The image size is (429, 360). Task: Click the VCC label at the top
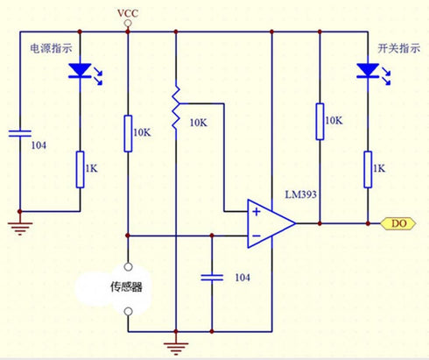tap(128, 13)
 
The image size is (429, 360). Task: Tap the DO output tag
tap(398, 223)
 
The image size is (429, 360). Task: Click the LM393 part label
tap(300, 194)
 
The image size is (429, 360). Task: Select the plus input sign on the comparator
tap(257, 212)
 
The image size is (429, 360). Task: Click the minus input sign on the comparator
tap(257, 236)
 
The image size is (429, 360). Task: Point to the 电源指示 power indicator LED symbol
tap(81, 71)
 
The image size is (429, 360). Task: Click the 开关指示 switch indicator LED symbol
tap(368, 71)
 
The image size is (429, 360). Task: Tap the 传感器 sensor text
tap(126, 287)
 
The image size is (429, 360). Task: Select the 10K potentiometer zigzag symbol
tap(175, 108)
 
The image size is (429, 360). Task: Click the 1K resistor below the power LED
tap(81, 169)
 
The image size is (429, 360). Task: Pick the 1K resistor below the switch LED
tap(368, 169)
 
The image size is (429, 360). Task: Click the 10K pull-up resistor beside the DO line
tap(320, 122)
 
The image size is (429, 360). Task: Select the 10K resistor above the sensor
tap(128, 134)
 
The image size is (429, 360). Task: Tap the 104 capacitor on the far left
tap(20, 133)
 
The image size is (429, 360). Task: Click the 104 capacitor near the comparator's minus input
tap(212, 278)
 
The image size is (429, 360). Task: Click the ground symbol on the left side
tap(20, 229)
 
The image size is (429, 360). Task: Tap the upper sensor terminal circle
tap(128, 266)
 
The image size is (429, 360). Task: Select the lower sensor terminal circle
tap(128, 312)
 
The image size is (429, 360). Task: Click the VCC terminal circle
tap(128, 23)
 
